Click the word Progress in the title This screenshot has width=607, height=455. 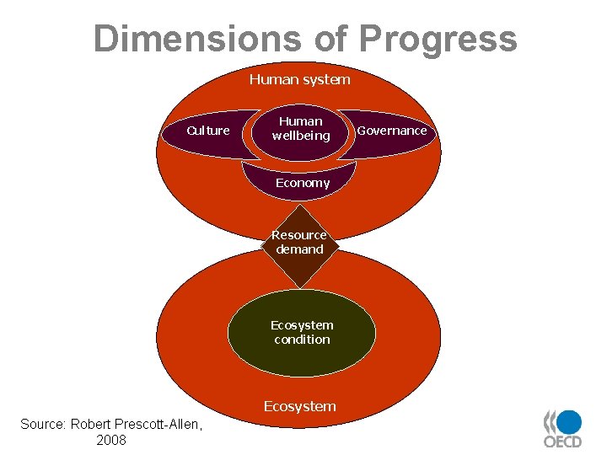point(438,39)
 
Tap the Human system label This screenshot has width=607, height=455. point(299,79)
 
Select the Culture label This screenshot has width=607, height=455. point(207,131)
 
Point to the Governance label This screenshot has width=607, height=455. point(392,131)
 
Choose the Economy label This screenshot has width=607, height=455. point(303,183)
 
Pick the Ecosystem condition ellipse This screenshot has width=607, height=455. point(302,332)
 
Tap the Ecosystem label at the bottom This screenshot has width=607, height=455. point(299,406)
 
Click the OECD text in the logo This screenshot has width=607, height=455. point(562,442)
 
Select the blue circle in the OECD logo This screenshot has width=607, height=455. point(570,421)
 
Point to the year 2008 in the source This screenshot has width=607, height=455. point(111,440)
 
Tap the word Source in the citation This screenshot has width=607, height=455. point(43,424)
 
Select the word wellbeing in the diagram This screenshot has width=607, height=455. point(301,136)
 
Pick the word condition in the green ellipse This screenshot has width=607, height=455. point(302,340)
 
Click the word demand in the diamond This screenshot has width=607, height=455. point(299,249)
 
